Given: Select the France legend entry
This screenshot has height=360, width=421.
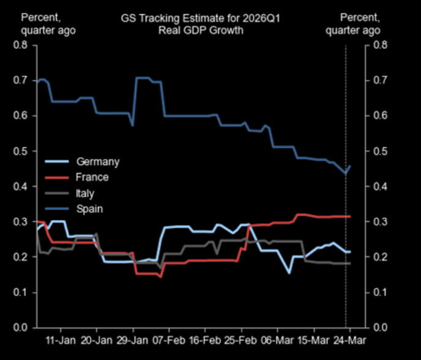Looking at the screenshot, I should point(92,177).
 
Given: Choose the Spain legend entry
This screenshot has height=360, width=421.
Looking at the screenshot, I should point(89,209).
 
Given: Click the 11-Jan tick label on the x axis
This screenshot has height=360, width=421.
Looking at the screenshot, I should point(61,340).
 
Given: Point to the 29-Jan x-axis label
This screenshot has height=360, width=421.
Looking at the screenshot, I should point(132,340).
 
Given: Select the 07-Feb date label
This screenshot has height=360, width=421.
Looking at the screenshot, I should point(168,340).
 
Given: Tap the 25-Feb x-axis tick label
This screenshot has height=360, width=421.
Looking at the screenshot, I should point(240,340).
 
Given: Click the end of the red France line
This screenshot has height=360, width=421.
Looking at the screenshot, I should point(350,216).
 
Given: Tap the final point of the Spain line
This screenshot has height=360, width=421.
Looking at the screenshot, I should point(350,166).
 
